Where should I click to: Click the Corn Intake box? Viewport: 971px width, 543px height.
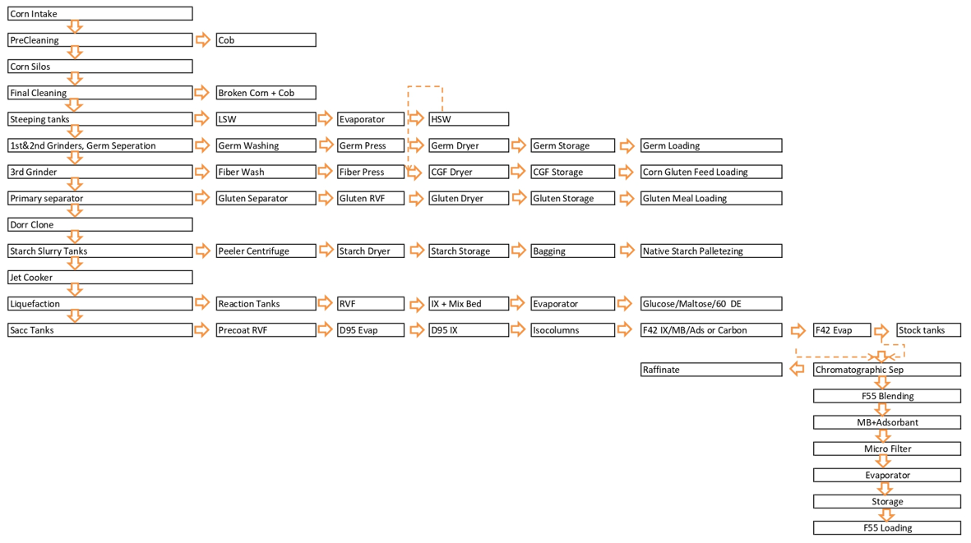99,14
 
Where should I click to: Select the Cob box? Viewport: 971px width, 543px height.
266,40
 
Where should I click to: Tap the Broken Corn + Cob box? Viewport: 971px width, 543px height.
266,93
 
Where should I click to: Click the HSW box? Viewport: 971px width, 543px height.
469,119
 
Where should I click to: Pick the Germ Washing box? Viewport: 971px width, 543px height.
266,145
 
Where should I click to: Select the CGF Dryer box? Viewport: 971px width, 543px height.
469,172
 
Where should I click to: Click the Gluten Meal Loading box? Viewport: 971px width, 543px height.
711,198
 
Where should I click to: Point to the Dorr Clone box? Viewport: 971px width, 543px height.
99,224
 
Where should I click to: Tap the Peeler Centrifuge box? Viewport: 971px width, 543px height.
266,251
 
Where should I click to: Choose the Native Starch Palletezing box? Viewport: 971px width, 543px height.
711,251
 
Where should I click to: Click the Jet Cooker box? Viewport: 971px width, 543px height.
99,277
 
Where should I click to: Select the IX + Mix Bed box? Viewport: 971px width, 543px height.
469,304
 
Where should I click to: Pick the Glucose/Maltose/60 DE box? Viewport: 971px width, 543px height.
711,304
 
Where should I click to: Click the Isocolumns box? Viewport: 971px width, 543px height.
573,330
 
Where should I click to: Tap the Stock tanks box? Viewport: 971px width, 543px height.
928,330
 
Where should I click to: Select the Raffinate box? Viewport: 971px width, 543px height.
711,370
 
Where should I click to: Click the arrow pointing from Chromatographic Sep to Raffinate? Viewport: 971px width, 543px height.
797,369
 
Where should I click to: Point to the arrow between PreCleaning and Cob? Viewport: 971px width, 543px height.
202,39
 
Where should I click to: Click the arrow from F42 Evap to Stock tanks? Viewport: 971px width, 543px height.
881,332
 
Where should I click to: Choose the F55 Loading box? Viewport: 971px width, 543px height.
887,528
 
